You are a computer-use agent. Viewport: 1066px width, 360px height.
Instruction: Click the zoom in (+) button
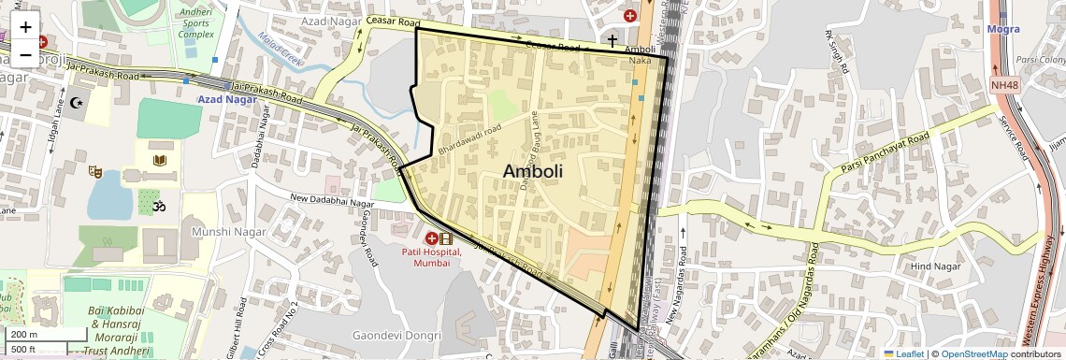25,27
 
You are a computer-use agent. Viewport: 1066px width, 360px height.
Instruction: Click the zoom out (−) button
25,54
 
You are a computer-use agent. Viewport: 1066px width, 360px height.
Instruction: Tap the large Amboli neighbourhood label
533,171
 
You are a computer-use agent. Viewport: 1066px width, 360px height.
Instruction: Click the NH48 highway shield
1005,85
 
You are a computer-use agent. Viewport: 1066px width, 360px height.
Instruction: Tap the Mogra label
1003,29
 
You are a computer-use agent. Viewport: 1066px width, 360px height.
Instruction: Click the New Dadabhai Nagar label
332,198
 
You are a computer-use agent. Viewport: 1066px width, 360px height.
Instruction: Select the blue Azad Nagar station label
226,98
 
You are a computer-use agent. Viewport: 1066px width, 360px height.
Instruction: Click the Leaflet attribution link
903,353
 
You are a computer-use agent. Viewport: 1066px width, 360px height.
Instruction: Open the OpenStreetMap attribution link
974,353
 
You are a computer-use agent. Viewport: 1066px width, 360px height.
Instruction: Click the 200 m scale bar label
24,334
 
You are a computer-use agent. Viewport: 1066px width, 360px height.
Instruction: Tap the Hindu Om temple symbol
157,204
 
